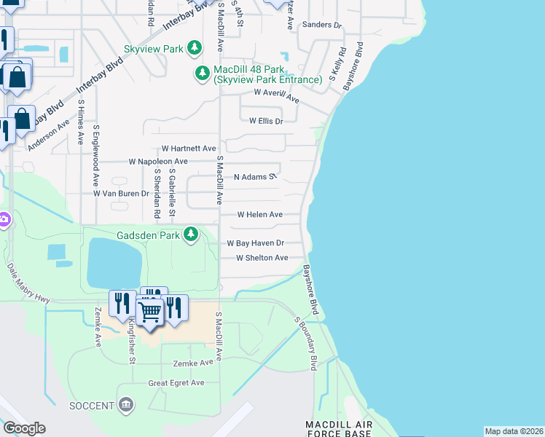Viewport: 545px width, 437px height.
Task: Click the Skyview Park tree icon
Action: tap(195, 48)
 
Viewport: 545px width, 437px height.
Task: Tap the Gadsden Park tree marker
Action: tap(190, 235)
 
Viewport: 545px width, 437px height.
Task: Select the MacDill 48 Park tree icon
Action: tap(202, 73)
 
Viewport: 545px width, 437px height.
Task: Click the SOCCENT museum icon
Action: tap(125, 405)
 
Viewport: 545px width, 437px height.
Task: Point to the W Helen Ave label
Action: tap(260, 215)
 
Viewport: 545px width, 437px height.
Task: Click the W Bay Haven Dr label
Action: tap(255, 243)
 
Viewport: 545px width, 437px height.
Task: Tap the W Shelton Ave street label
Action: tap(262, 258)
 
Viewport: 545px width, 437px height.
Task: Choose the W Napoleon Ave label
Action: tap(158, 161)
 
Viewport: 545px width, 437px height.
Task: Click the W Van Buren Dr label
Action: tap(121, 194)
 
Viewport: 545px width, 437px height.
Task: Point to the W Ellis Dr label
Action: tap(266, 122)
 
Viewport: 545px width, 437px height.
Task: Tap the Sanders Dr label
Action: tap(321, 25)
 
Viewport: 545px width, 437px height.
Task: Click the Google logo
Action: tap(24, 428)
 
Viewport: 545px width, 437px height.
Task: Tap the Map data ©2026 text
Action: tap(514, 431)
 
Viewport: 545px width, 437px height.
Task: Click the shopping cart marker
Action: tap(150, 312)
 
